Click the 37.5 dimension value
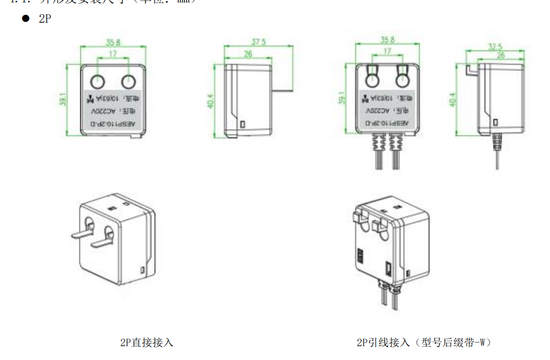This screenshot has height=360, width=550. pyautogui.click(x=258, y=42)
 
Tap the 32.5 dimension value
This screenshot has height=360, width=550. pyautogui.click(x=495, y=47)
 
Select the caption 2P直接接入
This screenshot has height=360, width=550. pyautogui.click(x=147, y=342)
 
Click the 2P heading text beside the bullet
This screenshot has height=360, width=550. pyautogui.click(x=45, y=19)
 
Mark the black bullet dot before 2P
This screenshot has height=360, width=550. pyautogui.click(x=25, y=19)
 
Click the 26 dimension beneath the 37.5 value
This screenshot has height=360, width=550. pyautogui.click(x=248, y=54)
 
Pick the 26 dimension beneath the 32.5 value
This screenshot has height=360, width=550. pyautogui.click(x=501, y=55)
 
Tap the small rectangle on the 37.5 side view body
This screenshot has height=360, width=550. pyautogui.click(x=242, y=124)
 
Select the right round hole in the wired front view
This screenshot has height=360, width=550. pyautogui.click(x=403, y=80)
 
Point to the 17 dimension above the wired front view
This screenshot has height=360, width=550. pyautogui.click(x=388, y=51)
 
